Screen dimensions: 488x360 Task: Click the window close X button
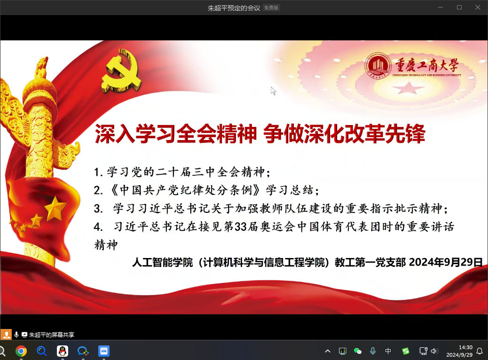478,7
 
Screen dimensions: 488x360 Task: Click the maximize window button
459,7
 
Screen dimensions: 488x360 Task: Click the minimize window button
441,7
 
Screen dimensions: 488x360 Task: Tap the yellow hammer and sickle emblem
121,70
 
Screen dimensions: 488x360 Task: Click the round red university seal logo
378,66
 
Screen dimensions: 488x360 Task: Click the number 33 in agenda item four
240,227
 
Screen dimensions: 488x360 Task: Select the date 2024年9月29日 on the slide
445,262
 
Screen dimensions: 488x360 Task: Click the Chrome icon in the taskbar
21,351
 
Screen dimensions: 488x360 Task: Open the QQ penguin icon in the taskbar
63,351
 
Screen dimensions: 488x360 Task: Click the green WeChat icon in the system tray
358,351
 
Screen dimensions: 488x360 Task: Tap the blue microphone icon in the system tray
372,351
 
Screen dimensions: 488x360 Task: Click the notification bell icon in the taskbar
480,351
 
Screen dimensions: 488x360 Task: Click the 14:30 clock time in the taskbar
465,348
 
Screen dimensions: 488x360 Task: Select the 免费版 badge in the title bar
271,8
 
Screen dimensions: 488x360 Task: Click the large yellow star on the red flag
55,209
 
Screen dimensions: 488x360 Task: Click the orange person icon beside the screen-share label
6,335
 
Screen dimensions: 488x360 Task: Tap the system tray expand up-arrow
327,351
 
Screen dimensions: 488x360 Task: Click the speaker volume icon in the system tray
434,351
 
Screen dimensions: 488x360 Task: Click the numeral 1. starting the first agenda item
98,172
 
